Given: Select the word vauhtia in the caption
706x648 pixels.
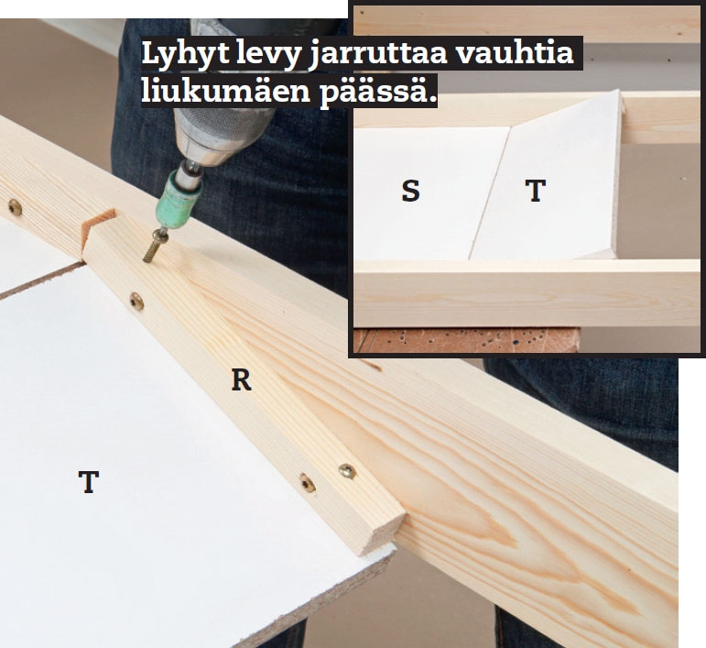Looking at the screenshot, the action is point(516,53).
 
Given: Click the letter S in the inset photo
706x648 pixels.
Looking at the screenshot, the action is point(410,190).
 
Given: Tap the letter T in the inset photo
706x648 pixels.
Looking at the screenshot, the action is point(536,190).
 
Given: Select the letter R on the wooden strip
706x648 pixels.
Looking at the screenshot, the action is point(241,379).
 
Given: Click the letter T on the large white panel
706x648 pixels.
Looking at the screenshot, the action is point(89,482).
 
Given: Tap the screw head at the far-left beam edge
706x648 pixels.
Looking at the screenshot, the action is point(15,207).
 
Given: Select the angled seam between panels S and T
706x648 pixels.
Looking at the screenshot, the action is point(489,193).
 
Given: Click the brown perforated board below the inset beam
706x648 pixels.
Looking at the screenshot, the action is point(466,340).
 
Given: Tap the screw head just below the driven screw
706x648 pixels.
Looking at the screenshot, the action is point(136,301).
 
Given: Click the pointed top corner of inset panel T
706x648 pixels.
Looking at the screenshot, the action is point(619,92).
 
